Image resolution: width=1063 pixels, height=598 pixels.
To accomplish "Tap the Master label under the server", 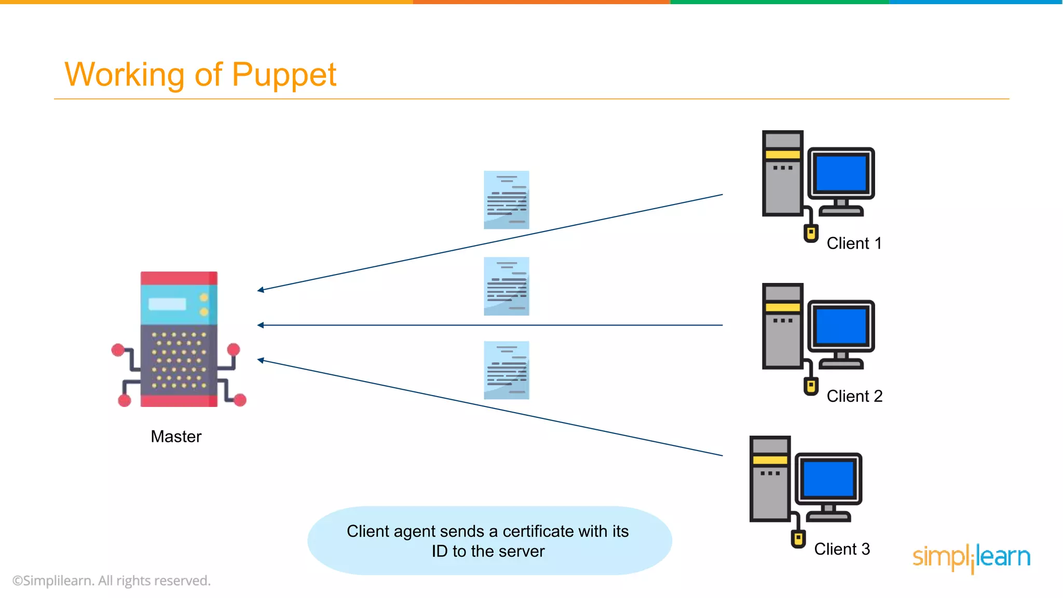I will [x=176, y=437].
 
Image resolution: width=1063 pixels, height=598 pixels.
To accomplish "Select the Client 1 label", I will [x=854, y=243].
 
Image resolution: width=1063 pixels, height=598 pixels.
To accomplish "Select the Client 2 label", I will [x=854, y=396].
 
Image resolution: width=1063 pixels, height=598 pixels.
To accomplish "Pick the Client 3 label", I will [x=841, y=549].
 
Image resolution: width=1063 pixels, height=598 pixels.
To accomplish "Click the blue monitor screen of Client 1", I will [x=841, y=173].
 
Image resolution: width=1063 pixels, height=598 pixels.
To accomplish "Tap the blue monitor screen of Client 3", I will [x=828, y=479].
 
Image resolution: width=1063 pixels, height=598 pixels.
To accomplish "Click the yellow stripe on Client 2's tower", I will [x=783, y=307].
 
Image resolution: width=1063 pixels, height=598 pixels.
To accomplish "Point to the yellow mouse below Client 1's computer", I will [x=811, y=233].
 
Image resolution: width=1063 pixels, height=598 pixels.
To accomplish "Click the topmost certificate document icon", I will [x=506, y=200].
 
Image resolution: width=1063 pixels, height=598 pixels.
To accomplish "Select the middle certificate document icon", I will [x=506, y=286].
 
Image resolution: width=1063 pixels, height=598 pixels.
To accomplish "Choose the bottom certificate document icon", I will [x=506, y=370].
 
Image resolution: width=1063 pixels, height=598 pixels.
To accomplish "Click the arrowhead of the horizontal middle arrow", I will [x=261, y=325].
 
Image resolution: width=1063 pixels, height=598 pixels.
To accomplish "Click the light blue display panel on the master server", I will [x=167, y=304].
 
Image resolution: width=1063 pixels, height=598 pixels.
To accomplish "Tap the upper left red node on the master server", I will [x=118, y=350].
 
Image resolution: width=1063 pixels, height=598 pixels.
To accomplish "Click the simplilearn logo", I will [x=971, y=558].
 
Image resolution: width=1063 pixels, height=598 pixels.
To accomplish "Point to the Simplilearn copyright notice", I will [x=112, y=581].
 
